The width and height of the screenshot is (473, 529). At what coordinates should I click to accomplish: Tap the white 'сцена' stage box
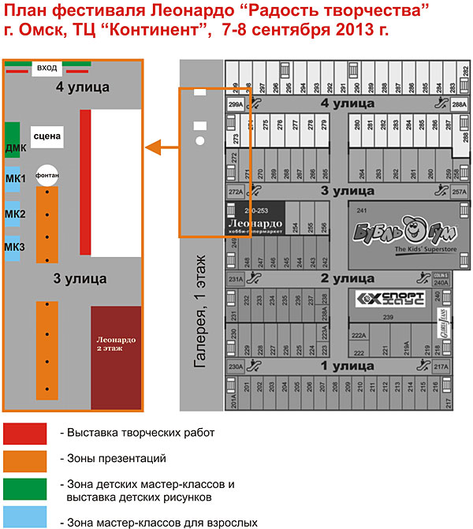(47, 137)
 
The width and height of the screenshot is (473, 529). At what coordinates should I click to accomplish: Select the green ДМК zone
(13, 140)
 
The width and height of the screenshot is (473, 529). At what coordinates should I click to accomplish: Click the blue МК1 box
(13, 178)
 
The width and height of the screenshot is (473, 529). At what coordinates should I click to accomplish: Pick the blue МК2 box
(13, 214)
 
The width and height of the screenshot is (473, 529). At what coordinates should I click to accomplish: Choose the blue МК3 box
(13, 248)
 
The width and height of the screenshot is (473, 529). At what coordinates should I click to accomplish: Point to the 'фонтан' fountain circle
(47, 174)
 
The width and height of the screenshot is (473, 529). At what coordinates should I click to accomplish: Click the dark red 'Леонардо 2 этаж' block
(116, 357)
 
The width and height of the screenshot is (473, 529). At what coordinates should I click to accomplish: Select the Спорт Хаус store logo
(390, 299)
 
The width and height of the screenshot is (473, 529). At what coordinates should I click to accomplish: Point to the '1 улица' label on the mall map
(347, 366)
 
